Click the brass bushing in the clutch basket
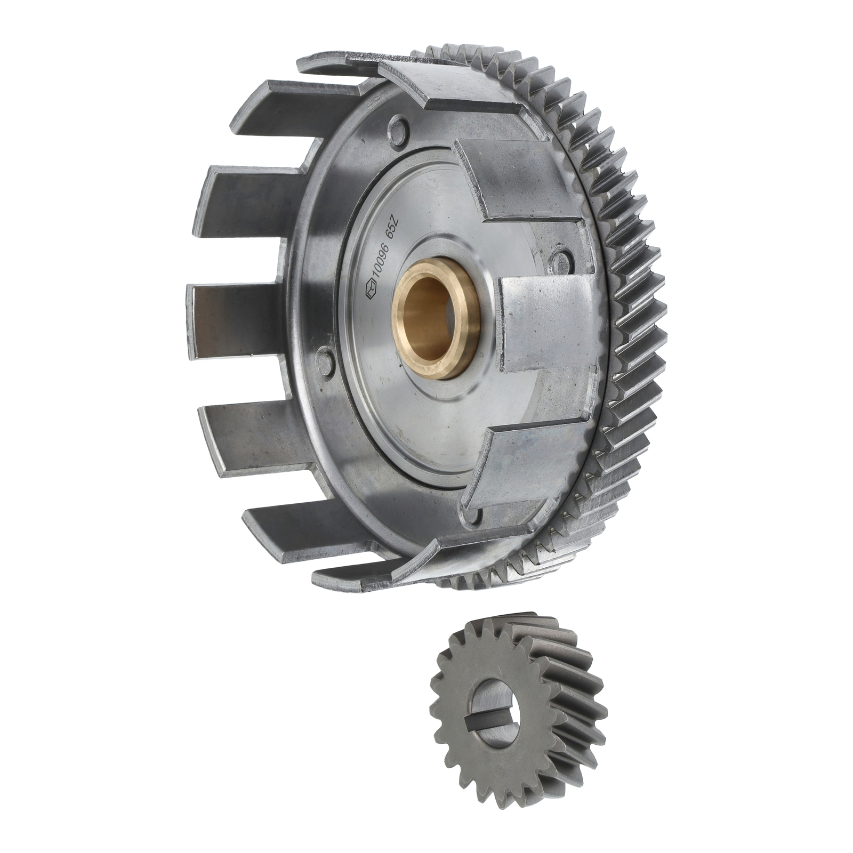(436, 327)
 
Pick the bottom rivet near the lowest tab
(474, 514)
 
